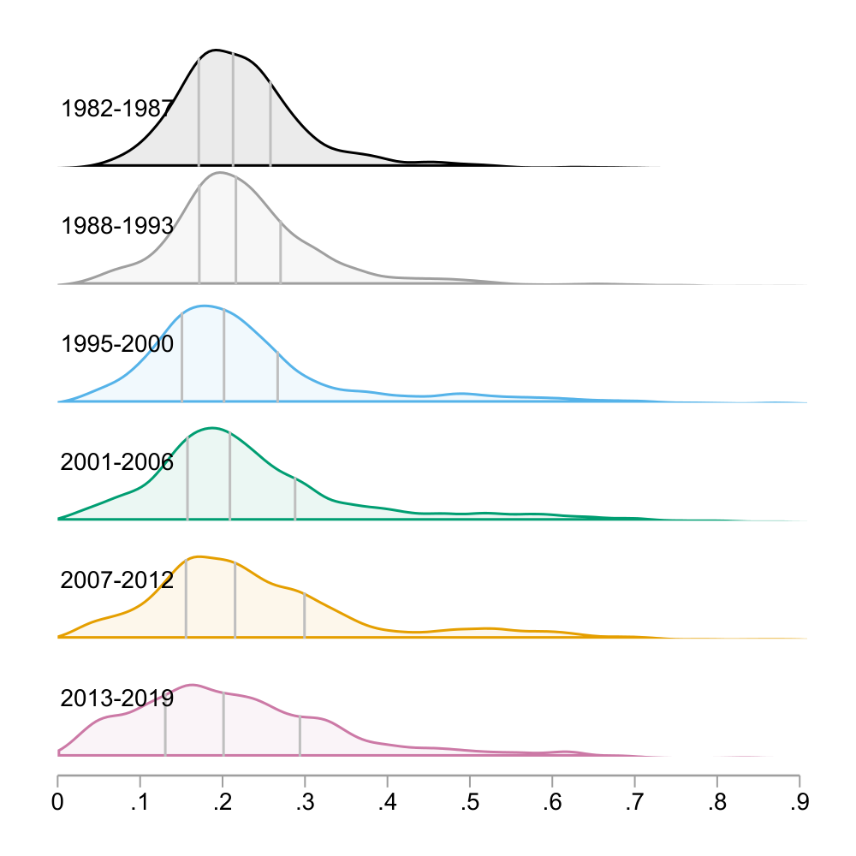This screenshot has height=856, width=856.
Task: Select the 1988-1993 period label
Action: click(x=117, y=227)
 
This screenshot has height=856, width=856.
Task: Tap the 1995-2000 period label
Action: click(x=117, y=345)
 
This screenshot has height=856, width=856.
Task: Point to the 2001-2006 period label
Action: click(x=117, y=463)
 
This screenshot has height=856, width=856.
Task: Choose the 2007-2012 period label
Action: click(x=117, y=580)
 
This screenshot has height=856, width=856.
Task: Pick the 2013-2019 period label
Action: click(x=117, y=698)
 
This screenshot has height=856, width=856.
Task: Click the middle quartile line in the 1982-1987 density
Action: click(x=233, y=111)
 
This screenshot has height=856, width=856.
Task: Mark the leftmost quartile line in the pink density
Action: click(x=165, y=723)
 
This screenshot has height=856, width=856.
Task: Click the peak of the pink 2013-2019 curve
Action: click(x=192, y=684)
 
